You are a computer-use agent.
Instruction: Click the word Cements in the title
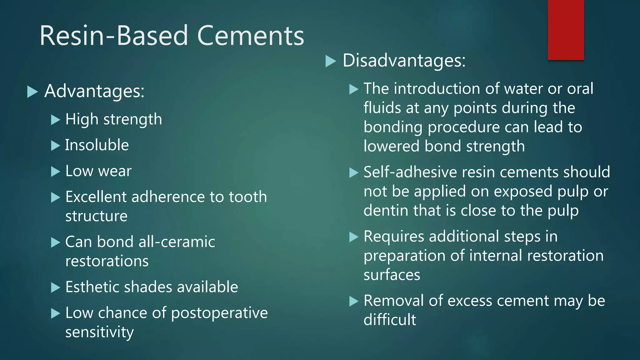pos(251,36)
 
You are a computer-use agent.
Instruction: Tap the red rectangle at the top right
pos(566,30)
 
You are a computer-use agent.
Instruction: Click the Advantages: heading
pos(94,91)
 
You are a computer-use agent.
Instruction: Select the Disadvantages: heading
pos(404,60)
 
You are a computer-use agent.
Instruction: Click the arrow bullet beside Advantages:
pos(32,92)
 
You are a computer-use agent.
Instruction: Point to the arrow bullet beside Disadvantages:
pos(330,61)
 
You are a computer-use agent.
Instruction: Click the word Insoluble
pos(97,145)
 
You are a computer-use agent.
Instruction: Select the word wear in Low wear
pos(115,171)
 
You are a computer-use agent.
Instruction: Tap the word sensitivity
pos(99,332)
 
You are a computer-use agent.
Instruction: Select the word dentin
pos(386,211)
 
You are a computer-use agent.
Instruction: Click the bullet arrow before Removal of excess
pos(353,301)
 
